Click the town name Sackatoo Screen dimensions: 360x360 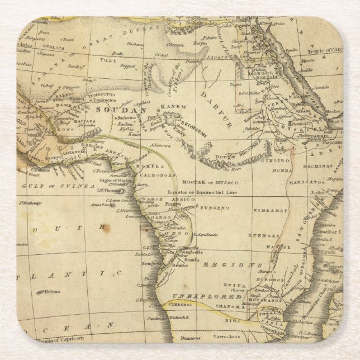coord(127,119)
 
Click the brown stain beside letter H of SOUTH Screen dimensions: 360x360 coord(102,228)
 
